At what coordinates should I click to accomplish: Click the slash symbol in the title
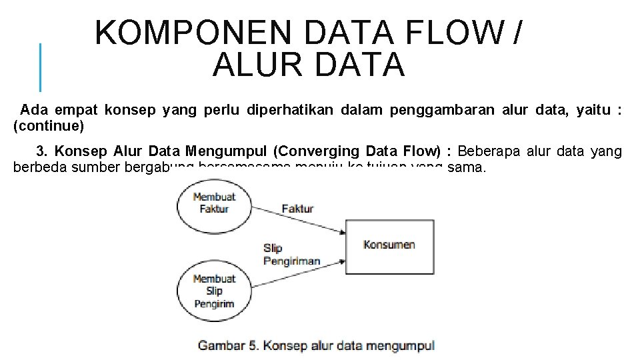[x=518, y=33]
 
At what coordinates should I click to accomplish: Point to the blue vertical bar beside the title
[x=40, y=67]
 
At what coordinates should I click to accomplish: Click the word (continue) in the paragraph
[x=49, y=125]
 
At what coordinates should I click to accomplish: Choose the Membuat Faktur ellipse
[x=214, y=203]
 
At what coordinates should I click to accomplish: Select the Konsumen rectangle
[x=388, y=245]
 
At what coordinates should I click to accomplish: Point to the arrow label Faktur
[x=297, y=209]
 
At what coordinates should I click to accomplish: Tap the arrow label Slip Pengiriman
[x=291, y=255]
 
